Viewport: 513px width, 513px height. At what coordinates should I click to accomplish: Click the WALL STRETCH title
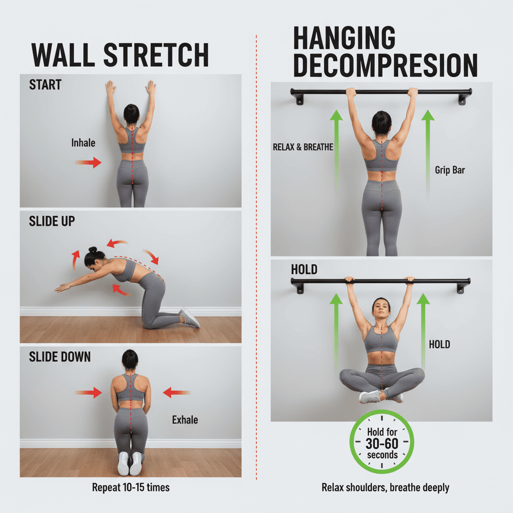[x=120, y=55]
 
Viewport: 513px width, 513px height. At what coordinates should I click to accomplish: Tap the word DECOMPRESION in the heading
[x=385, y=66]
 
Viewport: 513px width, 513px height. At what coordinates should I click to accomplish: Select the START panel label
[x=45, y=85]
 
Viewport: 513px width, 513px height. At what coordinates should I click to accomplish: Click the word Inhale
[x=84, y=143]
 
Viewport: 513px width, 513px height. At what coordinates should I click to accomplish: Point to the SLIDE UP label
[x=52, y=221]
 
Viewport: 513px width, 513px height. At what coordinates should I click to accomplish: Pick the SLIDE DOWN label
[x=60, y=357]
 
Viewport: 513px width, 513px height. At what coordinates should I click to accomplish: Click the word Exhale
[x=185, y=420]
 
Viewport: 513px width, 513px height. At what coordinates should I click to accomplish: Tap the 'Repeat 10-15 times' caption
[x=131, y=487]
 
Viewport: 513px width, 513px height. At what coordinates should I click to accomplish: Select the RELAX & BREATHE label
[x=303, y=147]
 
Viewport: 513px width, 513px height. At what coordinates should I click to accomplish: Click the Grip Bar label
[x=450, y=170]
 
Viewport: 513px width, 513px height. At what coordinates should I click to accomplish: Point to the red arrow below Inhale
[x=88, y=162]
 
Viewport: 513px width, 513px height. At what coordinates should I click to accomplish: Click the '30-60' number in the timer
[x=382, y=444]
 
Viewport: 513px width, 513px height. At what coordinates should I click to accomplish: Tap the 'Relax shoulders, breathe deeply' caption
[x=385, y=487]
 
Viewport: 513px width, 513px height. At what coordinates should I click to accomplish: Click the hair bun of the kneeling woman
[x=92, y=249]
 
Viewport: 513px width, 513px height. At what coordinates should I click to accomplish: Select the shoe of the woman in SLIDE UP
[x=190, y=318]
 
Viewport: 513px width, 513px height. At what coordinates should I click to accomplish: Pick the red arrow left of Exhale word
[x=177, y=392]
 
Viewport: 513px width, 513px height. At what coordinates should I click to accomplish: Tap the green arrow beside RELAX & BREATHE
[x=336, y=150]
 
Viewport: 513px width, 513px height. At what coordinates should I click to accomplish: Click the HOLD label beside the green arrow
[x=439, y=344]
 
